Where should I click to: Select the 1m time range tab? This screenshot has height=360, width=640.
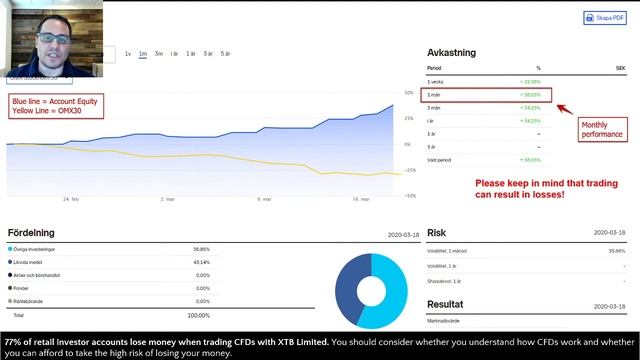(143, 53)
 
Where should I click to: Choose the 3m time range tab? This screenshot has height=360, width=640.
(159, 53)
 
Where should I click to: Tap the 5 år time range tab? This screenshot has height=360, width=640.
(225, 53)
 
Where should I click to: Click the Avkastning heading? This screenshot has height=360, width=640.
(451, 53)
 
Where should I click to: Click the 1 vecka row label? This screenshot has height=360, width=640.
(436, 82)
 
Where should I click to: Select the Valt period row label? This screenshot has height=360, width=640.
(438, 159)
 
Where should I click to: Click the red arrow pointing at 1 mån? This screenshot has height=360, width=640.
(562, 108)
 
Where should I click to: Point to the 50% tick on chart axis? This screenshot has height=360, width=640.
(409, 93)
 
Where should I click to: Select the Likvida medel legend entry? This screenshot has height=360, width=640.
(35, 262)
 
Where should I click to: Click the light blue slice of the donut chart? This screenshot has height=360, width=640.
(386, 295)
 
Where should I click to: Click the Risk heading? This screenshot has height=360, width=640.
(436, 233)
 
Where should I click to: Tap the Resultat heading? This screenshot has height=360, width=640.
(445, 304)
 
